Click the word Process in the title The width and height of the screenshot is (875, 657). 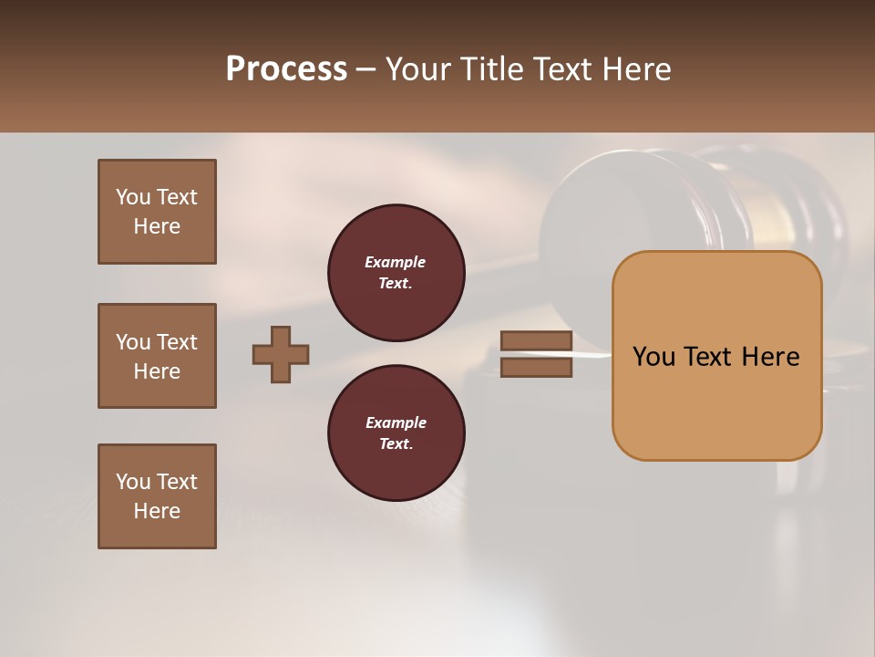tap(286, 69)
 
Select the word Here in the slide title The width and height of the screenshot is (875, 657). tap(635, 69)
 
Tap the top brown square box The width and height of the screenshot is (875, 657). tap(157, 212)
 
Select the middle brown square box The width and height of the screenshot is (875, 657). tap(157, 356)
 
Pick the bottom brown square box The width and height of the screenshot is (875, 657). tap(157, 496)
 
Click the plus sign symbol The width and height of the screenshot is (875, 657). tap(281, 354)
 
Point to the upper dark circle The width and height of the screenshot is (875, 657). tap(396, 273)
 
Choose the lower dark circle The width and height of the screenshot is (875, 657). tap(396, 433)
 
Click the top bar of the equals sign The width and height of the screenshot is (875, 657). tap(536, 341)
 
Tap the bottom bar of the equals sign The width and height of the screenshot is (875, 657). tap(536, 367)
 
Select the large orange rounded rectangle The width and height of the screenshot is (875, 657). tap(716, 356)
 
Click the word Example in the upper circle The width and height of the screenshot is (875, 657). tap(395, 262)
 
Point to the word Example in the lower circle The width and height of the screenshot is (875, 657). tap(396, 422)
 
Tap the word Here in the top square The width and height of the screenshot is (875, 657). tap(157, 226)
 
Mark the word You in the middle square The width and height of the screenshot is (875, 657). tap(133, 342)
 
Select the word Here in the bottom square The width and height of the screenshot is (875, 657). tap(157, 511)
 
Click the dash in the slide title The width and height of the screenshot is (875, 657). tap(365, 69)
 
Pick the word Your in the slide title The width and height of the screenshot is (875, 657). tap(420, 69)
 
